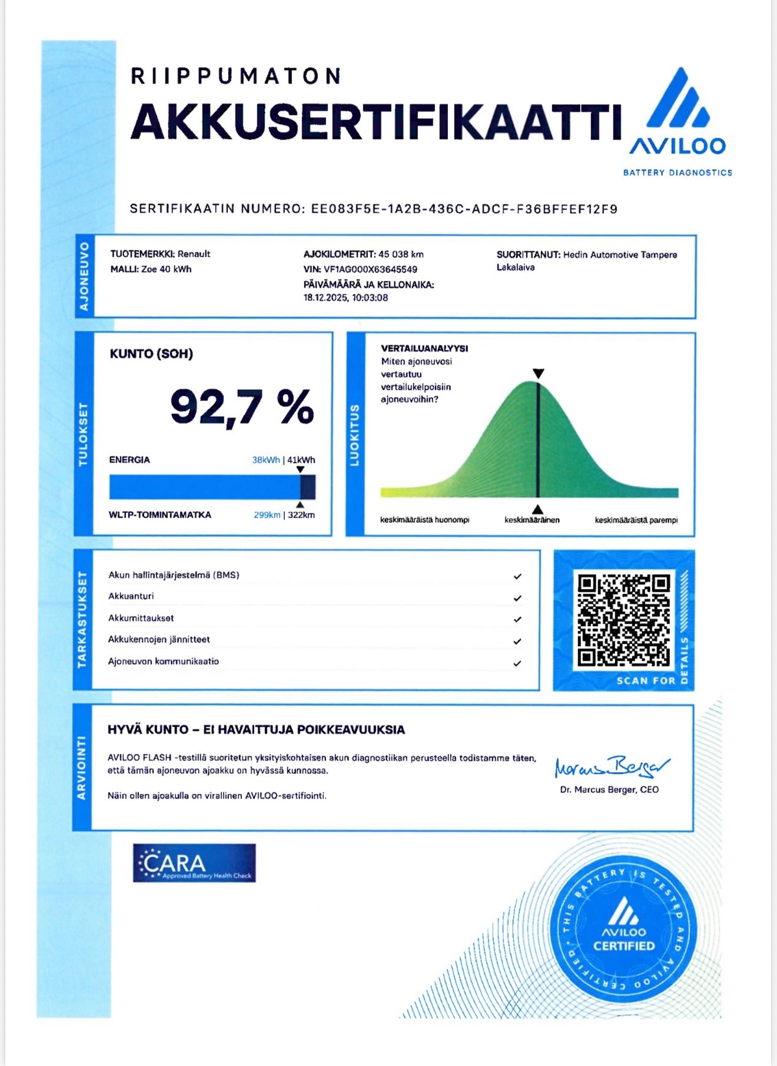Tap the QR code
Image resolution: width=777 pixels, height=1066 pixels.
[x=623, y=621]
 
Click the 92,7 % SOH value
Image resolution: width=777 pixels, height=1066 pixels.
[x=242, y=407]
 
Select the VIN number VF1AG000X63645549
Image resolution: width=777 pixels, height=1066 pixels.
[x=370, y=270]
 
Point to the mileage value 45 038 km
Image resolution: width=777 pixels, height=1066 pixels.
[x=401, y=254]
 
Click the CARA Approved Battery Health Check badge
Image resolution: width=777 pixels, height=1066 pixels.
[x=194, y=863]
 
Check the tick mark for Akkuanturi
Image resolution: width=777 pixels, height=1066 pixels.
[x=517, y=598]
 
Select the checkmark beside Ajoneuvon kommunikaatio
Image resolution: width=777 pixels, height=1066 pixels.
[x=517, y=663]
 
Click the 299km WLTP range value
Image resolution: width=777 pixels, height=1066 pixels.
[x=267, y=515]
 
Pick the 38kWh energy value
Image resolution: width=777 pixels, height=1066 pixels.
[x=265, y=460]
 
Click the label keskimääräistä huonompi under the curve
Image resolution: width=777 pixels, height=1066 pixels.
[x=424, y=520]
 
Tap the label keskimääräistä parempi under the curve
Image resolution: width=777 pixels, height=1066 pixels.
[x=636, y=520]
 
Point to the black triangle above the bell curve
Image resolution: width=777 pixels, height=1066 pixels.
[x=538, y=373]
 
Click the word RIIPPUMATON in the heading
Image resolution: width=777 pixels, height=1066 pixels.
[x=235, y=76]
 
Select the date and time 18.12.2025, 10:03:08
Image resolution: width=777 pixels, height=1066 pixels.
[x=346, y=298]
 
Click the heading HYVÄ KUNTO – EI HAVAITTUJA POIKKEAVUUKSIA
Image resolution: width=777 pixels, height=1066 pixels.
[x=256, y=730]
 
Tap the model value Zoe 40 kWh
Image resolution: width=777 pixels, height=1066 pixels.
[x=167, y=269]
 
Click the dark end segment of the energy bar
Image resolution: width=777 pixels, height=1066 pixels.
[x=308, y=488]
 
